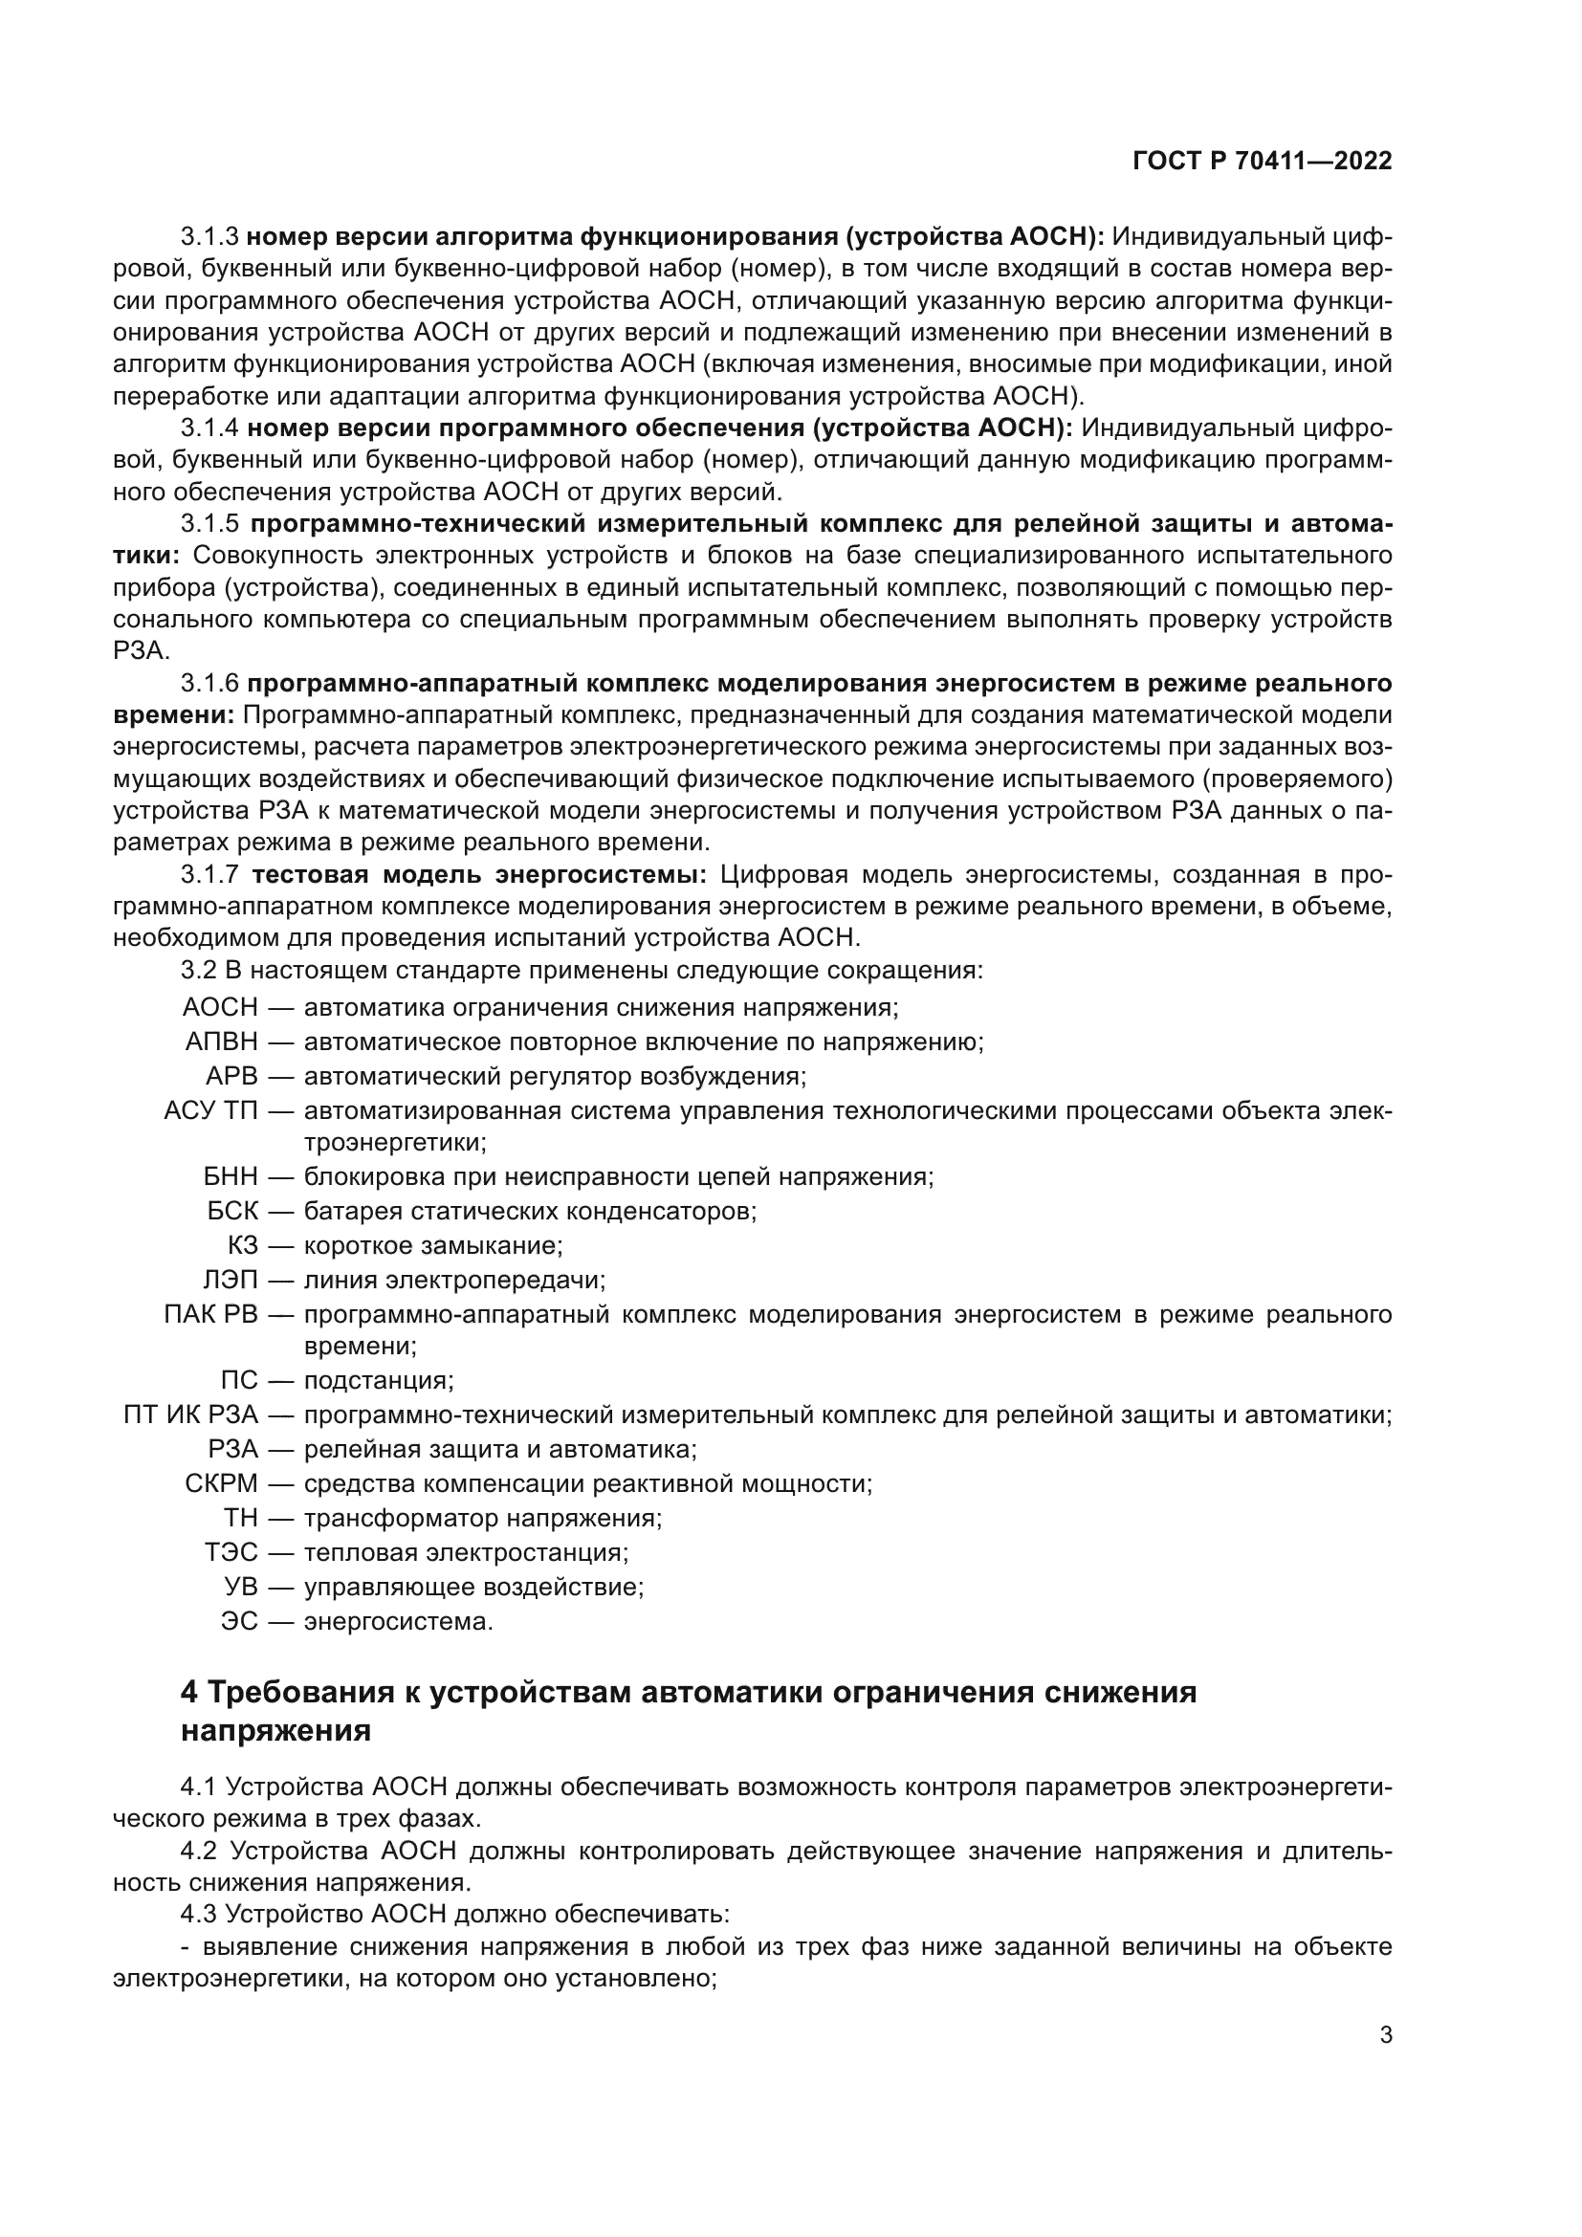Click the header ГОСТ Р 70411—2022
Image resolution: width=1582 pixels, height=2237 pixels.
(1263, 162)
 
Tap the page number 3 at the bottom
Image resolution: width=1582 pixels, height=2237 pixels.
(1385, 2035)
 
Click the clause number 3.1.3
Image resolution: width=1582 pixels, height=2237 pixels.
(209, 237)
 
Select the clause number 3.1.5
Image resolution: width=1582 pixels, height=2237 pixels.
(209, 524)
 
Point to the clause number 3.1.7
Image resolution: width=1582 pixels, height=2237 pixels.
(209, 875)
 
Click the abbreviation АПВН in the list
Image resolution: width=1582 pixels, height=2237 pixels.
(221, 1042)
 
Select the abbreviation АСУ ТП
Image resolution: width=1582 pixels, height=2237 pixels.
(210, 1110)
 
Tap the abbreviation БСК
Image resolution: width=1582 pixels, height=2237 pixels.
(232, 1211)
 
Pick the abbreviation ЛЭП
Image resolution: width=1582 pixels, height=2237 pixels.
(230, 1280)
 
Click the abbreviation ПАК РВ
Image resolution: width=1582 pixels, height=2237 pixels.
(210, 1314)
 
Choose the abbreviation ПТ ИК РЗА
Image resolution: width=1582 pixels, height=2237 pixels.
(191, 1415)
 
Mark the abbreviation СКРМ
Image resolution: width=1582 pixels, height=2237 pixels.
(221, 1484)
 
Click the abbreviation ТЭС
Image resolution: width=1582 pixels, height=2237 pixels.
(231, 1552)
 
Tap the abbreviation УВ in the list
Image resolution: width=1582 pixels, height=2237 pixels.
(241, 1586)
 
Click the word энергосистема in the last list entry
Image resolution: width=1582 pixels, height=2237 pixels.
(399, 1621)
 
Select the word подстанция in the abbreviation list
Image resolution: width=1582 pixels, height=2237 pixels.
(379, 1381)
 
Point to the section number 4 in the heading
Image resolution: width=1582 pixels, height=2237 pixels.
(189, 1693)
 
